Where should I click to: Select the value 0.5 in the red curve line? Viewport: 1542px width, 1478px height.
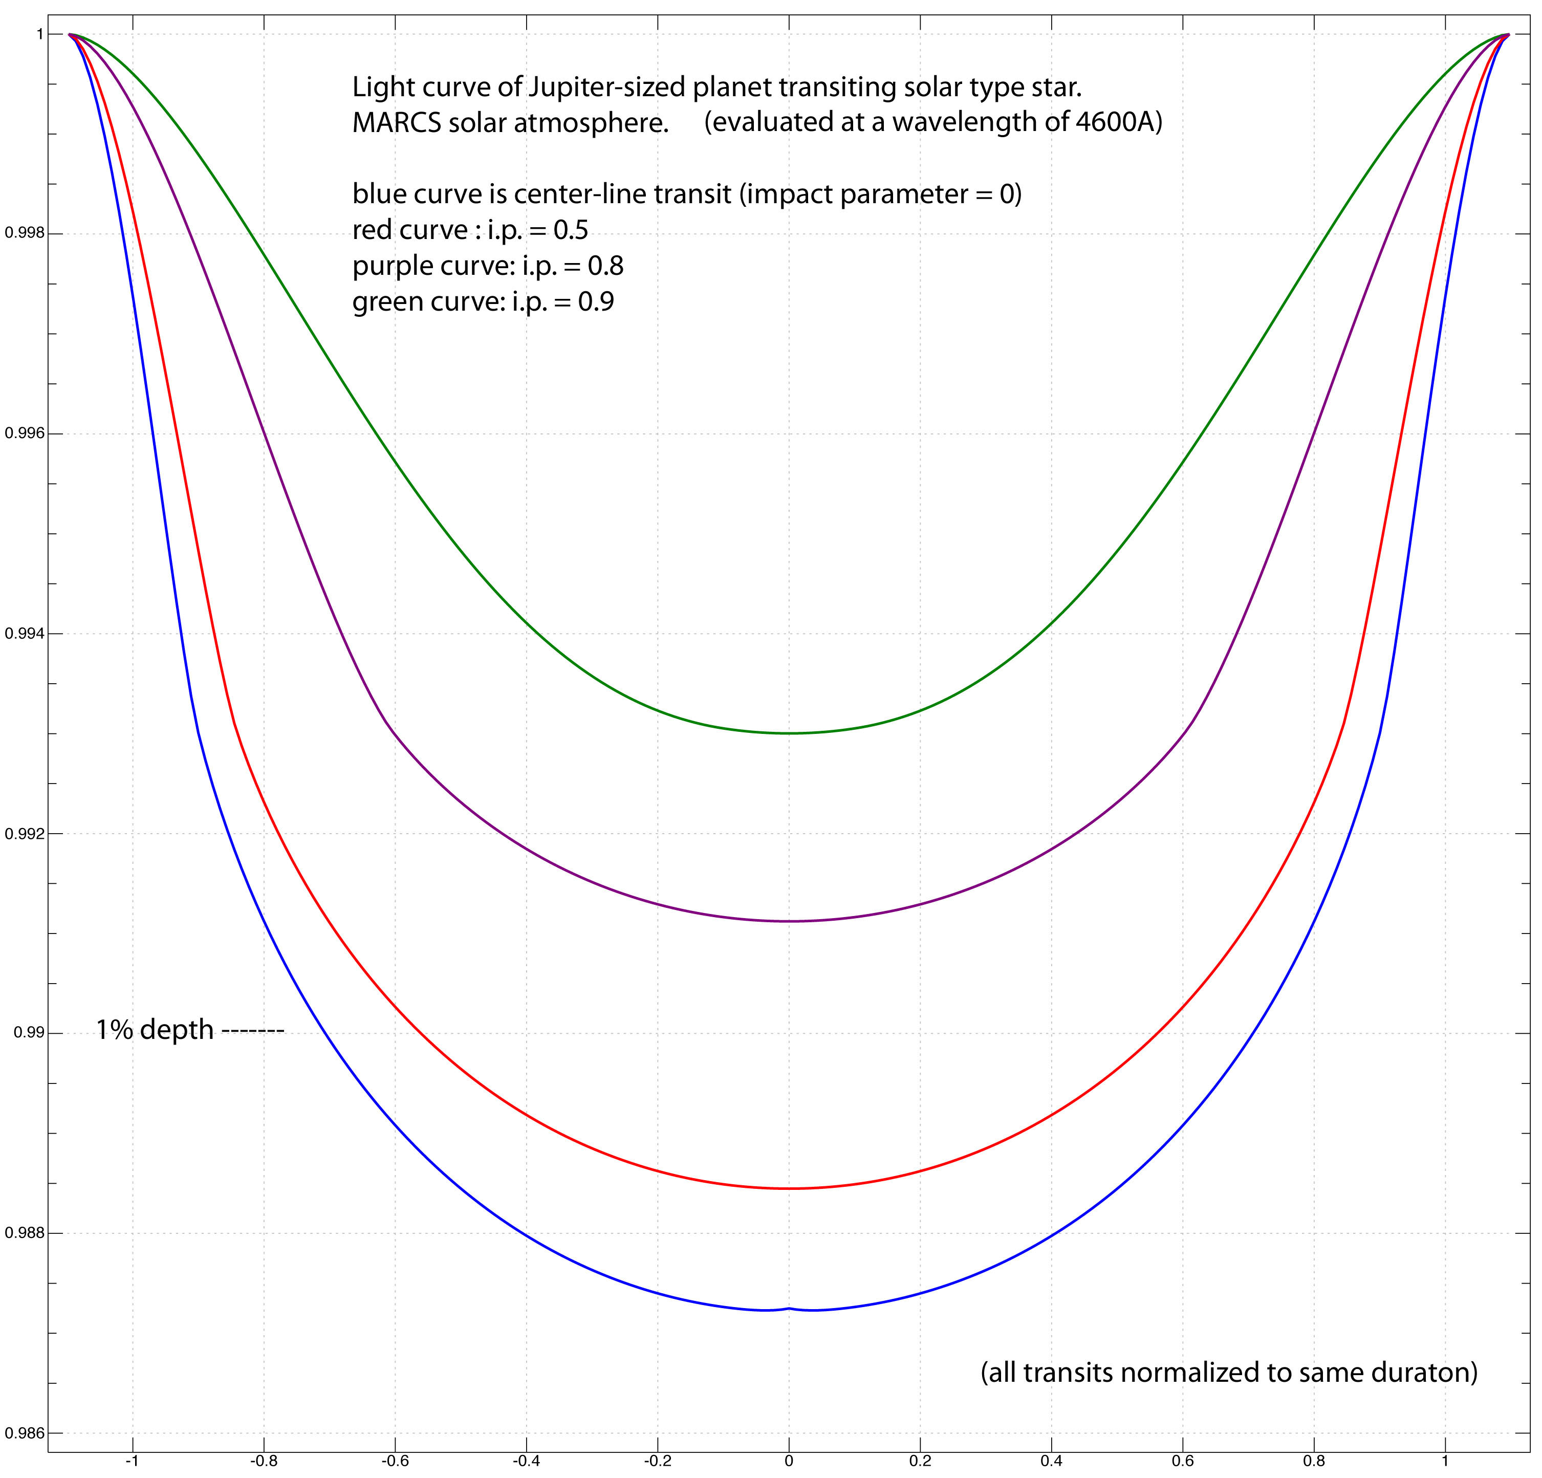click(x=571, y=230)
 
